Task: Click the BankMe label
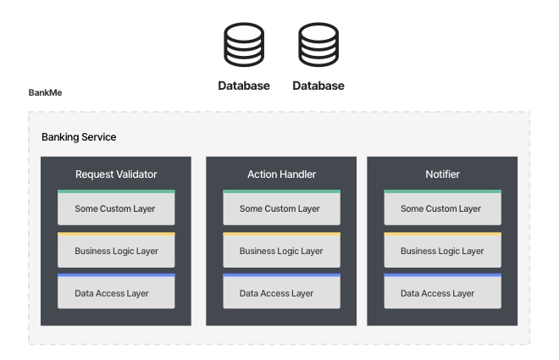pyautogui.click(x=45, y=92)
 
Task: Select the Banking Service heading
pyautogui.click(x=79, y=137)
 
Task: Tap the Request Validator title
pyautogui.click(x=116, y=174)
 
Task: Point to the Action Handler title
pyautogui.click(x=282, y=174)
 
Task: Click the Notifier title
pyautogui.click(x=442, y=174)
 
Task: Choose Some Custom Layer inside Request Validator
pyautogui.click(x=116, y=208)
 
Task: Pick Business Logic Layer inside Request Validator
pyautogui.click(x=116, y=250)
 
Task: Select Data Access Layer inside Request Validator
pyautogui.click(x=116, y=291)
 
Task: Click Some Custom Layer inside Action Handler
pyautogui.click(x=282, y=208)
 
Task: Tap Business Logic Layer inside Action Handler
pyautogui.click(x=282, y=250)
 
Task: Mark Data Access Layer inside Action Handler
pyautogui.click(x=282, y=291)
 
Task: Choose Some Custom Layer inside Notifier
pyautogui.click(x=442, y=208)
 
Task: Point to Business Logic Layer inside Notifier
pyautogui.click(x=442, y=250)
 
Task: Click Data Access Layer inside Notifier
pyautogui.click(x=442, y=291)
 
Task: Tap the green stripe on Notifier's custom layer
pyautogui.click(x=442, y=191)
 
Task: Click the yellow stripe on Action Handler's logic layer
pyautogui.click(x=282, y=234)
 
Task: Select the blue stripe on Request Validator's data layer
pyautogui.click(x=116, y=275)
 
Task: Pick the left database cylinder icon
pyautogui.click(x=244, y=45)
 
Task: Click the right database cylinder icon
pyautogui.click(x=318, y=45)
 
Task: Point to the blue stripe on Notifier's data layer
pyautogui.click(x=442, y=275)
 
